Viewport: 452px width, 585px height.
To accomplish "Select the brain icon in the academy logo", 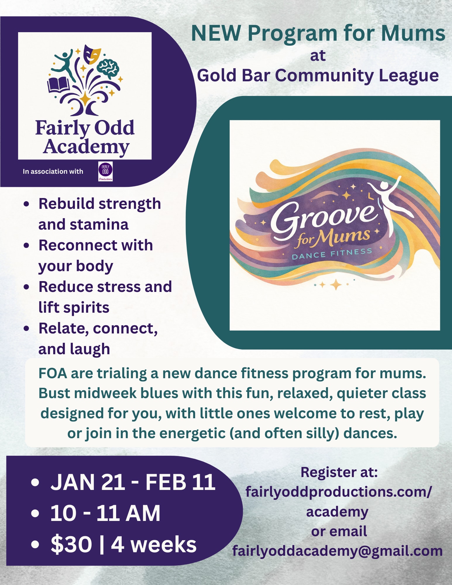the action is click(108, 69).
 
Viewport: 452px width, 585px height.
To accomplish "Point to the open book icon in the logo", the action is click(59, 85).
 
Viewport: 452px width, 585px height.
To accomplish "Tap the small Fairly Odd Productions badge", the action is click(105, 172).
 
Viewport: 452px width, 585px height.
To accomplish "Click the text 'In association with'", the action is click(53, 171).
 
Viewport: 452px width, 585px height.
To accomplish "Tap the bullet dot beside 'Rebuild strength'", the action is click(27, 204).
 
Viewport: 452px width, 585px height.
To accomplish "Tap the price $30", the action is click(71, 545).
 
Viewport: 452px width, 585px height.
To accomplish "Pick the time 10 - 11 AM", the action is click(105, 513).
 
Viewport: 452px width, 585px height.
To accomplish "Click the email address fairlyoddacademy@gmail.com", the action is click(337, 551).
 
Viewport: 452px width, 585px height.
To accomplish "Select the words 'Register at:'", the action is click(339, 472).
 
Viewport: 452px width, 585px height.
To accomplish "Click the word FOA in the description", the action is click(53, 374).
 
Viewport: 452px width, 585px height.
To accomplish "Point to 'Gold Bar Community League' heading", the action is click(318, 75).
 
